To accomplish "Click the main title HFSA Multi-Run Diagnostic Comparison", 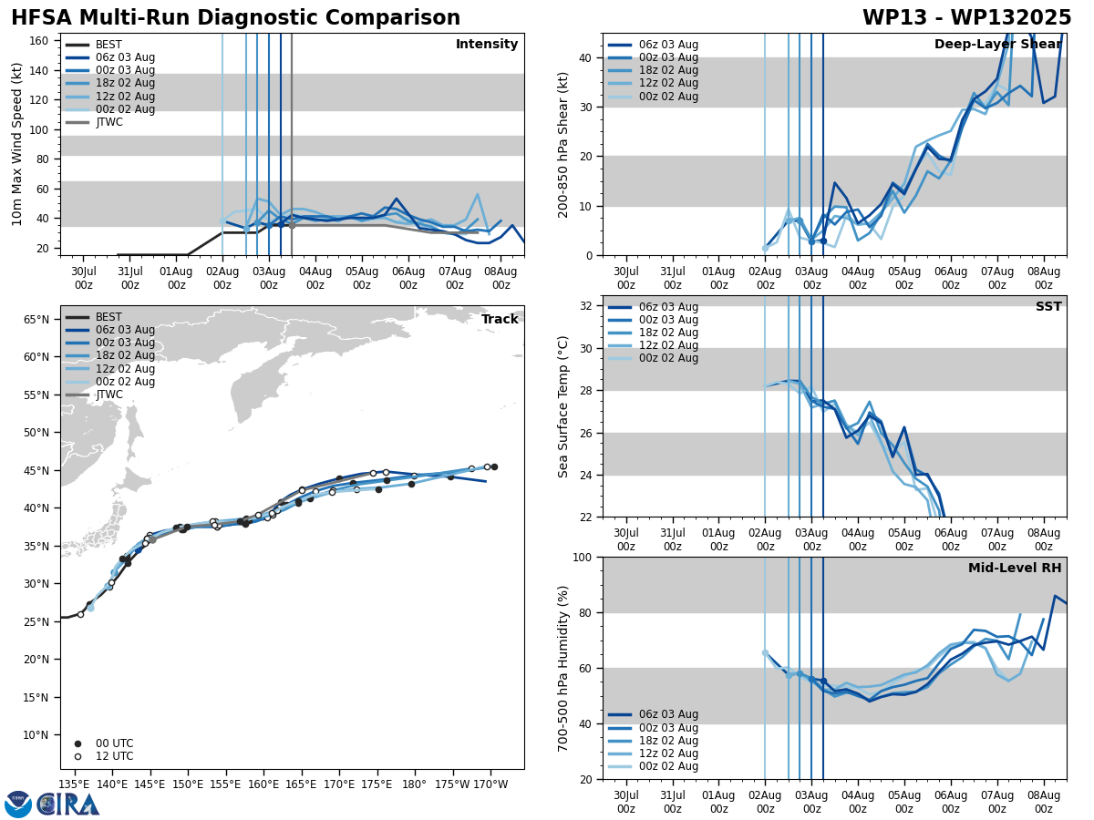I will pos(235,18).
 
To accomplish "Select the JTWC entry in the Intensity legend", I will pos(108,122).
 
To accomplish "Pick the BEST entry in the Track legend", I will pos(108,317).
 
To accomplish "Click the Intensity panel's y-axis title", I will pos(17,144).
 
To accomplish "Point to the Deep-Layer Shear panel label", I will pos(997,45).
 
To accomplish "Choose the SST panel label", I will pos(1048,307).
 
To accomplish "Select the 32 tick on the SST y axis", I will pos(588,306).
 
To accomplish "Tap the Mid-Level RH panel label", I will pos(1015,569).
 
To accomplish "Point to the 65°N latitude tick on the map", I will pos(36,320).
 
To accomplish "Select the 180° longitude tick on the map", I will pos(414,784).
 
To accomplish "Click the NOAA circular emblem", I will pos(18,804).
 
